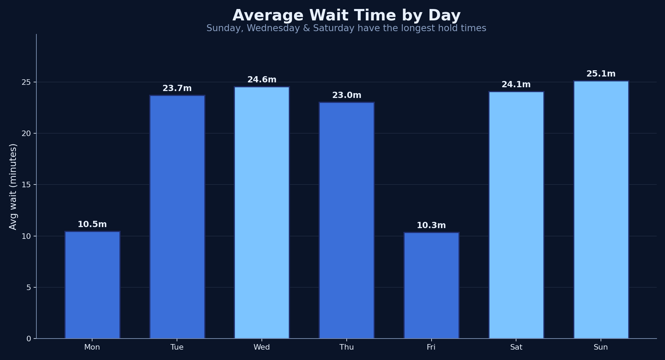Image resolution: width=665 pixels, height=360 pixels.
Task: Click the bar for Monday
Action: (x=92, y=285)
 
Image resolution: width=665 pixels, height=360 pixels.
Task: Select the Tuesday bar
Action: (x=177, y=217)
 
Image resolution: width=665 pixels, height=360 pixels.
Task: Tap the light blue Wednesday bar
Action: (x=262, y=213)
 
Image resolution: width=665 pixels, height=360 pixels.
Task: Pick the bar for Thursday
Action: (x=347, y=220)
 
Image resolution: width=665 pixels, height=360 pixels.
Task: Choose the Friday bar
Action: (x=431, y=286)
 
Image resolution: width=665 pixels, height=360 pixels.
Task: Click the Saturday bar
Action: (x=516, y=215)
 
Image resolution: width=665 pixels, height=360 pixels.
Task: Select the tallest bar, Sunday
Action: (x=601, y=210)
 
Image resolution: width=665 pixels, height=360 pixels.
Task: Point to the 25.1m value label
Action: (x=601, y=74)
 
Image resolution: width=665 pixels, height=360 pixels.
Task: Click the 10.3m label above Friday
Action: (x=431, y=225)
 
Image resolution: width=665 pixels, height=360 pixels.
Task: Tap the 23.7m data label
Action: (x=177, y=88)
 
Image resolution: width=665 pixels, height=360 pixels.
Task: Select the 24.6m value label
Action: (x=262, y=80)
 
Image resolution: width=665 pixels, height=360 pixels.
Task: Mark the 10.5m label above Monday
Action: (x=92, y=224)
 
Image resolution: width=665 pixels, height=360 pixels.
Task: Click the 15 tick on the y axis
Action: (x=26, y=185)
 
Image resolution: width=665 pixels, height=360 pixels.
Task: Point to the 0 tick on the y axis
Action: (x=29, y=339)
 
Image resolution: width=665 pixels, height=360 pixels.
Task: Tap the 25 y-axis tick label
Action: (x=26, y=82)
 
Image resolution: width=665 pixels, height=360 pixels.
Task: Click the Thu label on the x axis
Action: (x=347, y=347)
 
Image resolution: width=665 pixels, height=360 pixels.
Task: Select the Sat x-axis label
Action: (x=516, y=347)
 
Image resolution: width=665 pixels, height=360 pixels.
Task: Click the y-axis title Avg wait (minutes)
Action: (x=13, y=187)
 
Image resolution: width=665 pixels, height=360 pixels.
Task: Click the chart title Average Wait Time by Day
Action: (x=346, y=16)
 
